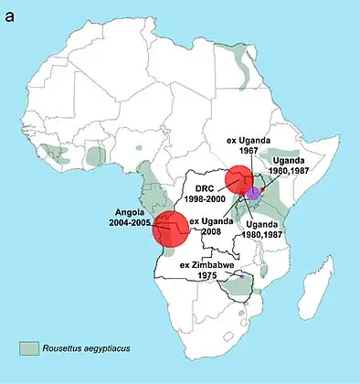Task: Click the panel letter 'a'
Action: click(11, 13)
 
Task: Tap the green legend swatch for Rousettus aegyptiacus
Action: click(31, 347)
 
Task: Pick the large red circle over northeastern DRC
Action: click(240, 179)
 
